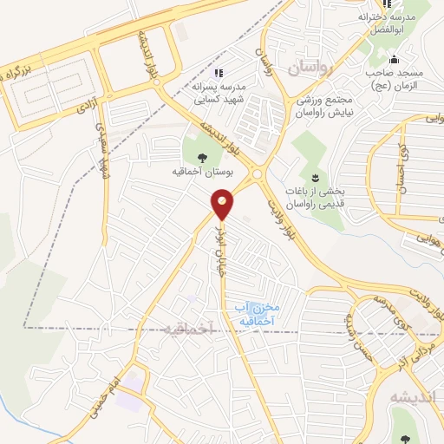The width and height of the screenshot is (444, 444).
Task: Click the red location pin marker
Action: click(223, 205)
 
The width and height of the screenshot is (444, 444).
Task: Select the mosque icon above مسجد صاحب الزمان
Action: click(395, 60)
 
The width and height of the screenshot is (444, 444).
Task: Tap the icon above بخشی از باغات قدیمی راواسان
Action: click(314, 176)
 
